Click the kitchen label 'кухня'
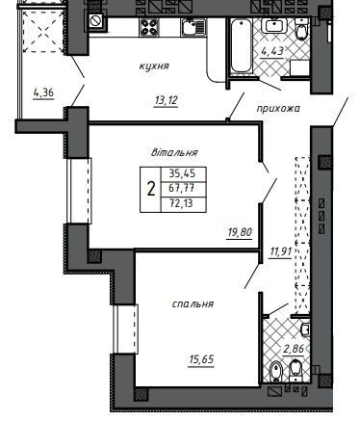point(154,66)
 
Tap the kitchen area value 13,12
point(166,101)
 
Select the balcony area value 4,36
point(43,93)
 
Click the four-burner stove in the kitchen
point(149,27)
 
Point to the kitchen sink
point(193,27)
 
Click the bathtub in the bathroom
point(241,46)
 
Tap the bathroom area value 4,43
point(272,50)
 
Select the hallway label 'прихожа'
point(278,109)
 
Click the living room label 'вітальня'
point(174,152)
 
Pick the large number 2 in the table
point(150,189)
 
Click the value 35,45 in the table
point(182,173)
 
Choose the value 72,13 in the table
point(181,203)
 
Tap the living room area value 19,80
point(240,232)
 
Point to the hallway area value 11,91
point(281,251)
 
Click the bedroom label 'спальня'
point(193,303)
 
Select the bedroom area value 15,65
point(201,359)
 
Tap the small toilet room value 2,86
point(294,349)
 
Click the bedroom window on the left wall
point(125,329)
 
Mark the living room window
point(79,190)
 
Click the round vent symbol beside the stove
point(96,21)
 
